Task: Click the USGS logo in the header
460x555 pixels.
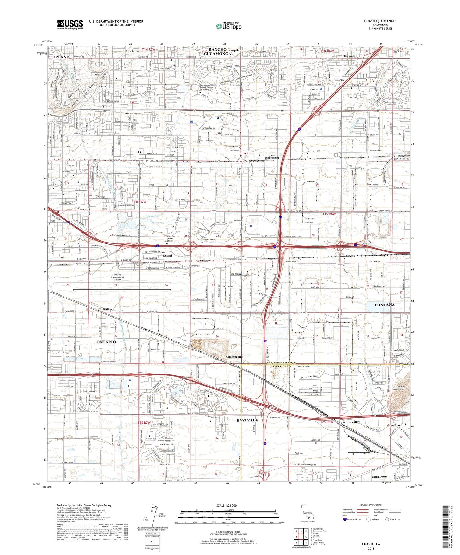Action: (x=70, y=24)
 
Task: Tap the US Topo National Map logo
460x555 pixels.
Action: (x=229, y=26)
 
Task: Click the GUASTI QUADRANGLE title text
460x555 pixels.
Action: (x=380, y=21)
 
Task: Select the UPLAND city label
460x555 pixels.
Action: (x=60, y=57)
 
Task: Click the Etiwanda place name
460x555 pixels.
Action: (x=349, y=56)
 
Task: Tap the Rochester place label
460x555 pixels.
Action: (x=272, y=158)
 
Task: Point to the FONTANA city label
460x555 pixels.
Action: (x=384, y=305)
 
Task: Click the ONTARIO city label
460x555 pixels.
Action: (x=106, y=342)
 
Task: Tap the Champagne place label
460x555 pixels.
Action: (x=234, y=357)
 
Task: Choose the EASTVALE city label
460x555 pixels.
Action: (x=247, y=420)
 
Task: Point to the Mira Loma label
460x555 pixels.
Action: (x=379, y=477)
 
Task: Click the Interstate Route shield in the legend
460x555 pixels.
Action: (x=345, y=519)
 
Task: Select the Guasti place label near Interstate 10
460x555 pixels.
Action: (x=167, y=256)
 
